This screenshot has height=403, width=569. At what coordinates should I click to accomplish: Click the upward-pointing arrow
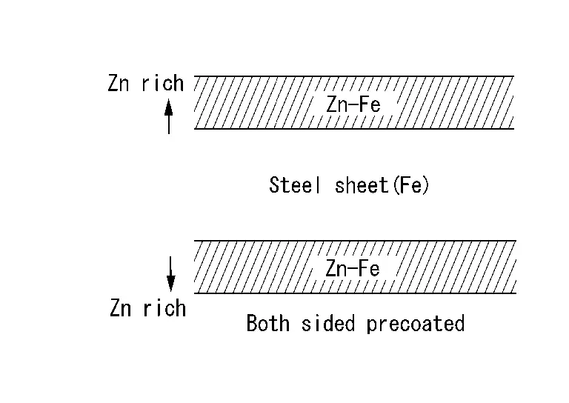(169, 116)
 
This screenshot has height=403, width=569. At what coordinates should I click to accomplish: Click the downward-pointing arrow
(171, 273)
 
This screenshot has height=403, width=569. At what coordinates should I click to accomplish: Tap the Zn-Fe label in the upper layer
(353, 105)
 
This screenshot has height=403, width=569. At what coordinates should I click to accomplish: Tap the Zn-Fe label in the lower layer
(353, 268)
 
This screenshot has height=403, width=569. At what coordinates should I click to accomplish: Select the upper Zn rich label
(146, 83)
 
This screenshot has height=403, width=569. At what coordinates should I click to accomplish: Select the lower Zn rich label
(147, 307)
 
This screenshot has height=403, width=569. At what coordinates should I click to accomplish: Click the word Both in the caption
(268, 324)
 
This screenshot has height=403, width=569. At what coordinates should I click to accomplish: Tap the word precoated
(416, 324)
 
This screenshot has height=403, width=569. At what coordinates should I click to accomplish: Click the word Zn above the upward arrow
(119, 84)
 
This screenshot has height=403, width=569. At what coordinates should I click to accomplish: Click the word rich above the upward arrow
(162, 83)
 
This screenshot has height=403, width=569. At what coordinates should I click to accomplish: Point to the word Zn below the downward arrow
(121, 308)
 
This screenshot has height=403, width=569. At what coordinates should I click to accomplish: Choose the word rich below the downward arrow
(164, 307)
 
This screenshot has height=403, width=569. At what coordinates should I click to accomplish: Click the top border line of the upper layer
(354, 76)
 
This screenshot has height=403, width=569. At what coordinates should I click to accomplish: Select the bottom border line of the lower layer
(354, 293)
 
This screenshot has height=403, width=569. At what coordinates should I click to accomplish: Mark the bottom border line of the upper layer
(354, 129)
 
